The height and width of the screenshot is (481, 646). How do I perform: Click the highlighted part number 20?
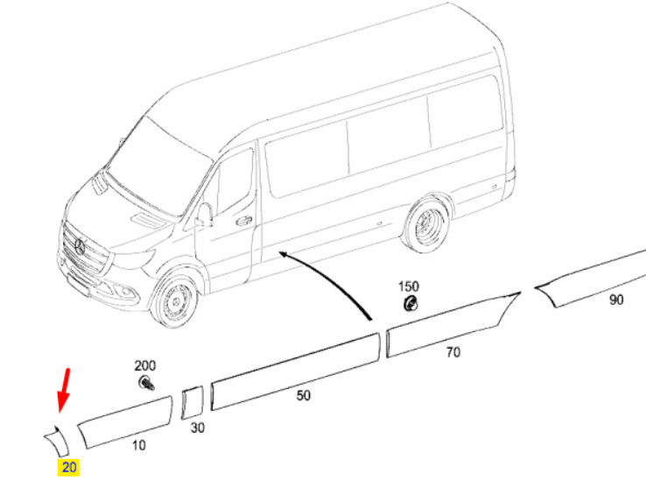[x=69, y=467]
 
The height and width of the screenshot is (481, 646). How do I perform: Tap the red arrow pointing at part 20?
[x=64, y=390]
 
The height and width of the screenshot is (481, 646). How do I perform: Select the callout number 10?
[x=139, y=446]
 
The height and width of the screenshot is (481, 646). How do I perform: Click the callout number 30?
[x=197, y=428]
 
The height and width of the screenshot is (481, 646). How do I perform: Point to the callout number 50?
[x=303, y=396]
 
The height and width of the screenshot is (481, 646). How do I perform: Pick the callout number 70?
[x=453, y=352]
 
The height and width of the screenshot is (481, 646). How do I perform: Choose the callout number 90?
[x=616, y=300]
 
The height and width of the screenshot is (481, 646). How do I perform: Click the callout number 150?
[x=408, y=286]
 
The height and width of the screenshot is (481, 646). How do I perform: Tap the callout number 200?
[x=145, y=365]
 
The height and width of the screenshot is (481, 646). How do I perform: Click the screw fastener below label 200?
[x=146, y=383]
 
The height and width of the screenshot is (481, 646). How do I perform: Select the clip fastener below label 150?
[x=410, y=304]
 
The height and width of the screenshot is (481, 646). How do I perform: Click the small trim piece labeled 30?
[x=193, y=403]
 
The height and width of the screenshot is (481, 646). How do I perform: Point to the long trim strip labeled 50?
[x=295, y=371]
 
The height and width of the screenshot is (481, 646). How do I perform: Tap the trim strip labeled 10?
[x=125, y=422]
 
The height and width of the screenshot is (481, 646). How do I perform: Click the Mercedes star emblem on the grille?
[x=80, y=247]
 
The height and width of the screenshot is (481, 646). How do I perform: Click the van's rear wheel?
[x=427, y=225]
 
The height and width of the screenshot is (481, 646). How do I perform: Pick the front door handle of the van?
[x=244, y=221]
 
